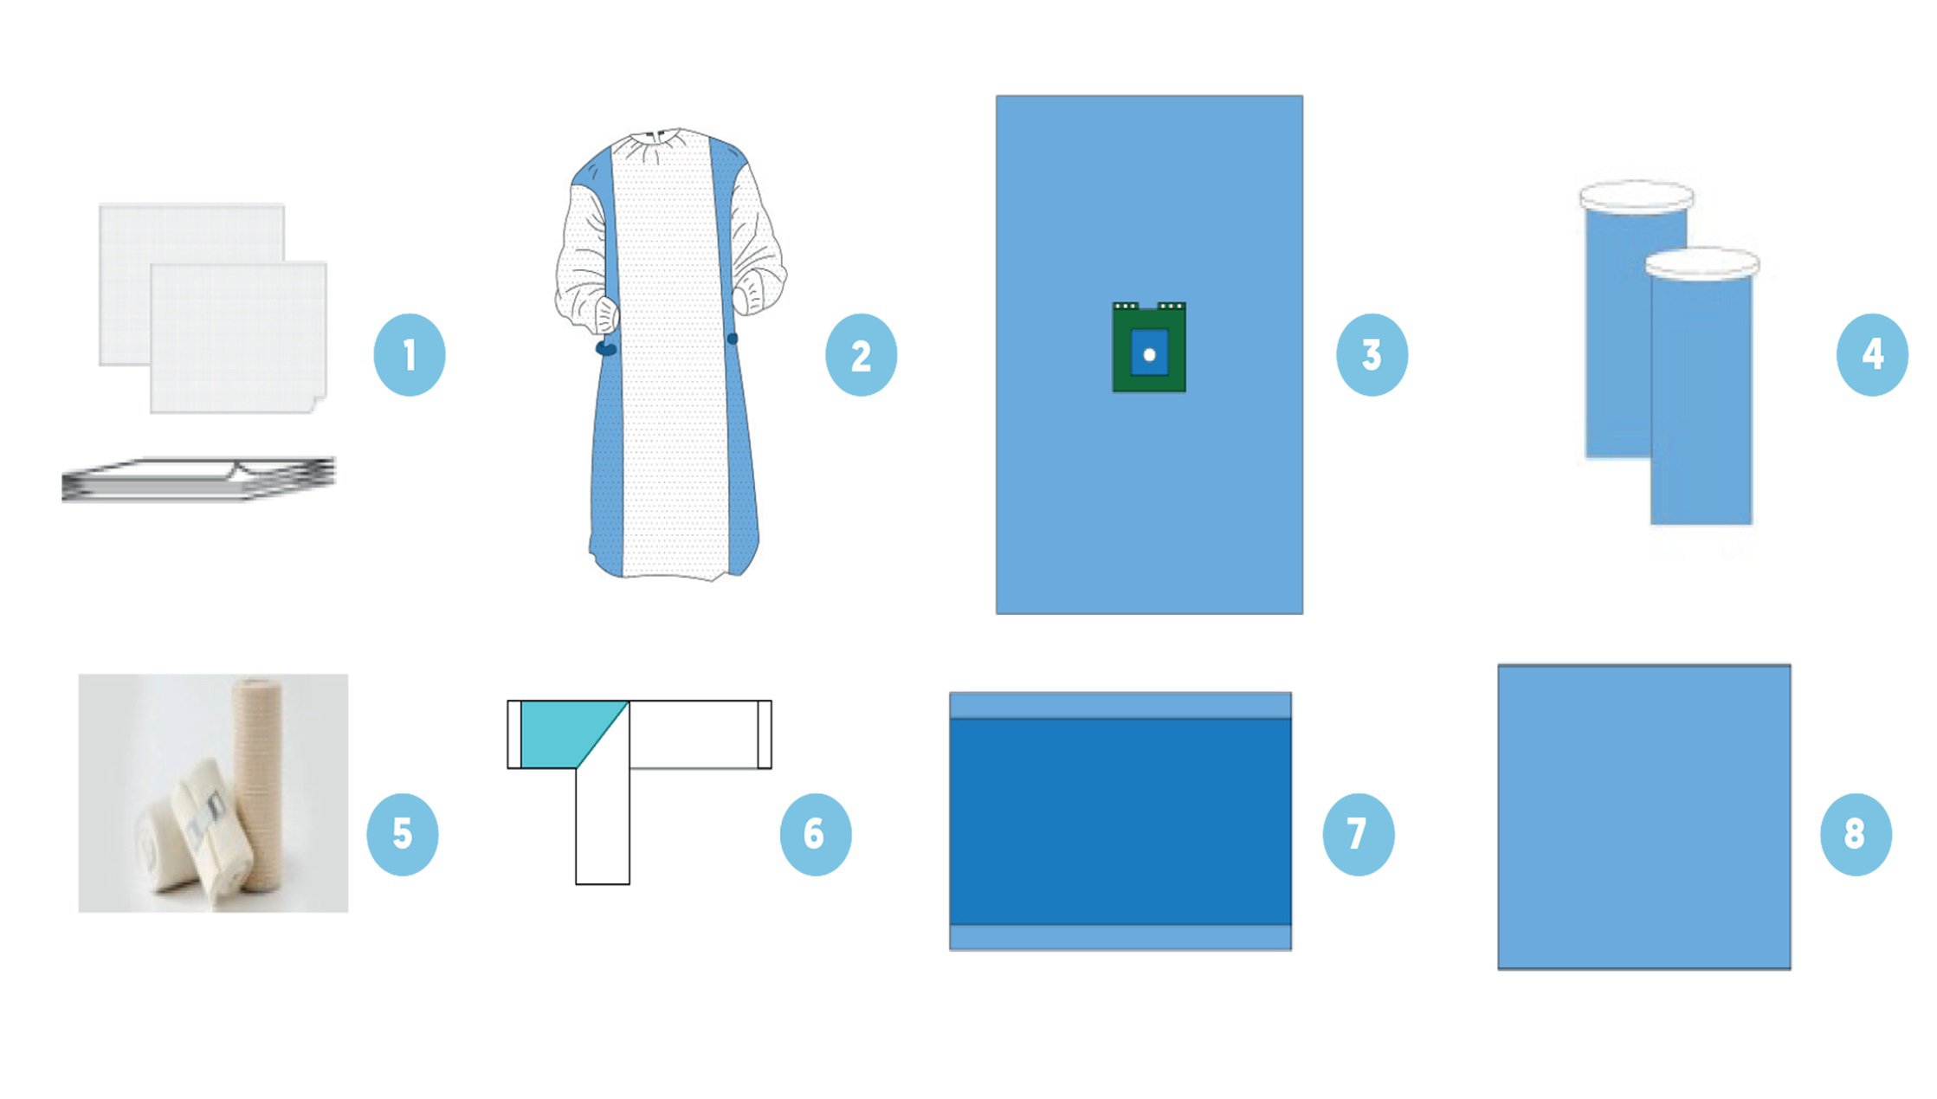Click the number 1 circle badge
[x=410, y=355]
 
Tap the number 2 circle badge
[x=861, y=355]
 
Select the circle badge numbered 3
[x=1372, y=355]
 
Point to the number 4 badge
[x=1872, y=355]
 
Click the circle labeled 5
[x=403, y=834]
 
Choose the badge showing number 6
[x=815, y=834]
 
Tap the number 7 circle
[x=1358, y=834]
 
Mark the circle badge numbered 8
[x=1856, y=834]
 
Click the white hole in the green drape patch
[x=1149, y=354]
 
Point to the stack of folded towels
[x=198, y=479]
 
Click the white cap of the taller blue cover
[x=1637, y=197]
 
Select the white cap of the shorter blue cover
[x=1701, y=263]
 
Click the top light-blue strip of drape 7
[x=1120, y=705]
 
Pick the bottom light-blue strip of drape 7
[x=1120, y=937]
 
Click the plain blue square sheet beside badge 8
[x=1644, y=817]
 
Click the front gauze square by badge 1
[x=238, y=338]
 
